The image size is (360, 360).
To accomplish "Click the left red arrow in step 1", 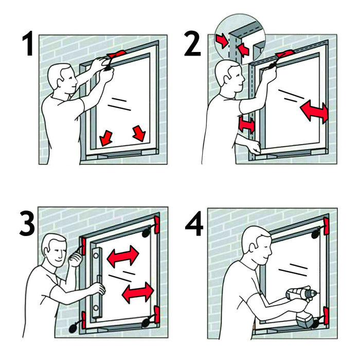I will pyautogui.click(x=107, y=137).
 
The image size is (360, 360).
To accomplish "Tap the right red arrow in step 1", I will pyautogui.click(x=139, y=132).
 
